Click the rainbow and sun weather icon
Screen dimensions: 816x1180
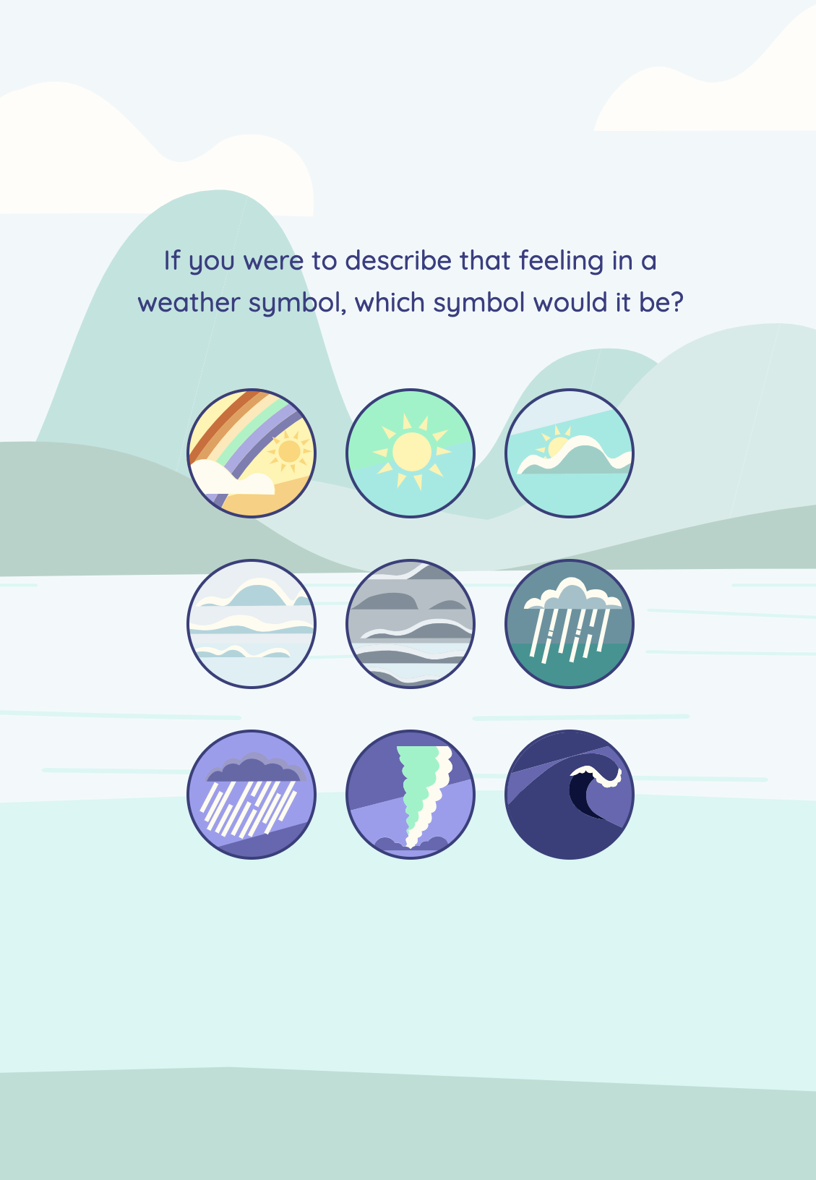click(x=252, y=453)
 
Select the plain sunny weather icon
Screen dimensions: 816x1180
click(x=411, y=453)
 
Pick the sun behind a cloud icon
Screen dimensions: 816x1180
click(x=570, y=453)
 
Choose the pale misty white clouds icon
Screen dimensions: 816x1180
click(x=252, y=624)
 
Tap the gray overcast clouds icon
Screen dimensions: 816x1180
click(x=411, y=624)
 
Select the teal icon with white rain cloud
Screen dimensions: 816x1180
click(x=570, y=624)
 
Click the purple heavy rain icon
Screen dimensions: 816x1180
click(x=252, y=795)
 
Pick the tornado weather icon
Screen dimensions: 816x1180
click(x=411, y=795)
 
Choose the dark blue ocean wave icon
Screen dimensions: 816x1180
click(x=570, y=795)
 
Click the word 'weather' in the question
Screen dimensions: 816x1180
click(x=189, y=303)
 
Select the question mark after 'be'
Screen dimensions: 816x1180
click(x=677, y=302)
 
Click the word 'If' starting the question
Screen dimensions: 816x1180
click(x=172, y=260)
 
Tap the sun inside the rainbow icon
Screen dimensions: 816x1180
click(x=289, y=451)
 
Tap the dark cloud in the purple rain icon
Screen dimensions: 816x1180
click(x=255, y=767)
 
